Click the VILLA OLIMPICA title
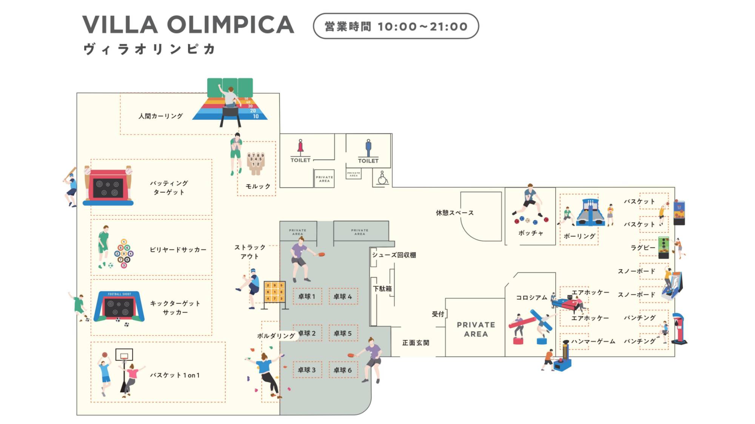click(188, 25)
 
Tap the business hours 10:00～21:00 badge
click(396, 26)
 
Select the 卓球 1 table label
click(307, 297)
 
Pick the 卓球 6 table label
click(342, 370)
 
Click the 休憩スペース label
click(455, 213)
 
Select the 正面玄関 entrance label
click(415, 343)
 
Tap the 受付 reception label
click(438, 314)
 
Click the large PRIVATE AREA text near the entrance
click(476, 329)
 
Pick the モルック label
click(258, 187)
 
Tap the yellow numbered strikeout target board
click(274, 292)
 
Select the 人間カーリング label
click(160, 116)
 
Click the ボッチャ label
click(530, 233)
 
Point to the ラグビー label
click(643, 248)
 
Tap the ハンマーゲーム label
click(593, 341)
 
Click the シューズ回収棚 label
click(394, 255)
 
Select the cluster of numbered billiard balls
click(124, 253)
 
